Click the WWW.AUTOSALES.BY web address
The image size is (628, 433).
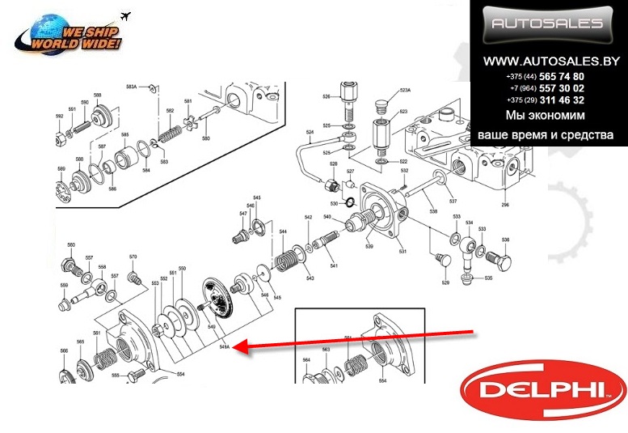551,62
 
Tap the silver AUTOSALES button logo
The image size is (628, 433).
548,25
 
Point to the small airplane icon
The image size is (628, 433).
125,15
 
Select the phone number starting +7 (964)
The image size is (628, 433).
547,88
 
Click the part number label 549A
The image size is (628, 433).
225,347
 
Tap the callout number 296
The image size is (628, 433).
505,206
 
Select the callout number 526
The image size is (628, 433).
327,97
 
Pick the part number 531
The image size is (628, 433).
400,251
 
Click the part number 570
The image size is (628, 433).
133,257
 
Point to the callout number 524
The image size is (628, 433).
309,132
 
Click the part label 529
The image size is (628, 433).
445,282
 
